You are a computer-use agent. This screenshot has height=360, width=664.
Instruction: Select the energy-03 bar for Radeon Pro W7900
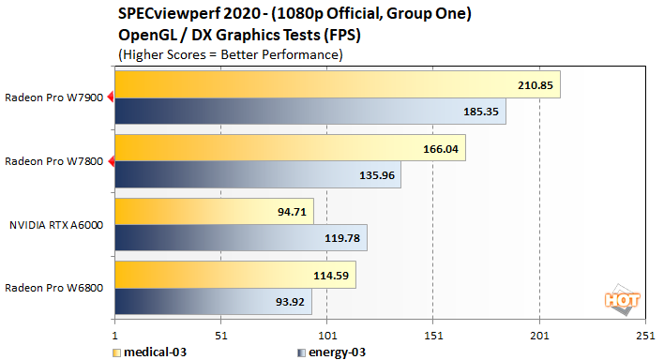coord(309,112)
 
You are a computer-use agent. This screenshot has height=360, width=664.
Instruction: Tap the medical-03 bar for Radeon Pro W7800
coord(290,148)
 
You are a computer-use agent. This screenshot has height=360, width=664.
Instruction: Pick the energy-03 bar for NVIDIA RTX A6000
coord(240,237)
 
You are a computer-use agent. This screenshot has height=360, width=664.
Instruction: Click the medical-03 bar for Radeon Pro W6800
coord(234,275)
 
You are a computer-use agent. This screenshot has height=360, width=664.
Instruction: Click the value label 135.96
coord(376,174)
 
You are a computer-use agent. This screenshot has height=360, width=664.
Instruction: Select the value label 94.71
coord(319,212)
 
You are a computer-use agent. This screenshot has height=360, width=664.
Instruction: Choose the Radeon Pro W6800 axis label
coord(55,288)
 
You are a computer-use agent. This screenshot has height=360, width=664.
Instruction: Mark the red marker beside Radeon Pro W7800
coord(111,161)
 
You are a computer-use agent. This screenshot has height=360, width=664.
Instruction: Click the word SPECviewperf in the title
coord(164,13)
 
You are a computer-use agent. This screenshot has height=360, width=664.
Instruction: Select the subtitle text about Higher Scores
coord(230,54)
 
